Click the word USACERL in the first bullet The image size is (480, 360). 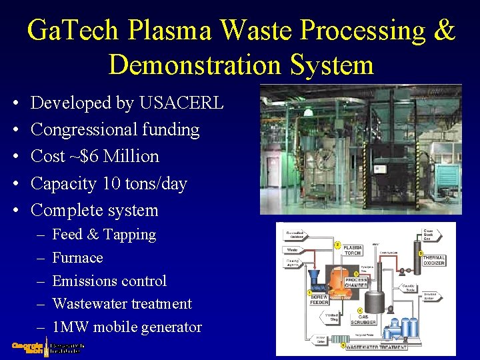(x=181, y=103)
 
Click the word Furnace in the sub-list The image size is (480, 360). (x=77, y=258)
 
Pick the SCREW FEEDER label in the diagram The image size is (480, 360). (x=320, y=299)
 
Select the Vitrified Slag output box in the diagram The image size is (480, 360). (x=331, y=317)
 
